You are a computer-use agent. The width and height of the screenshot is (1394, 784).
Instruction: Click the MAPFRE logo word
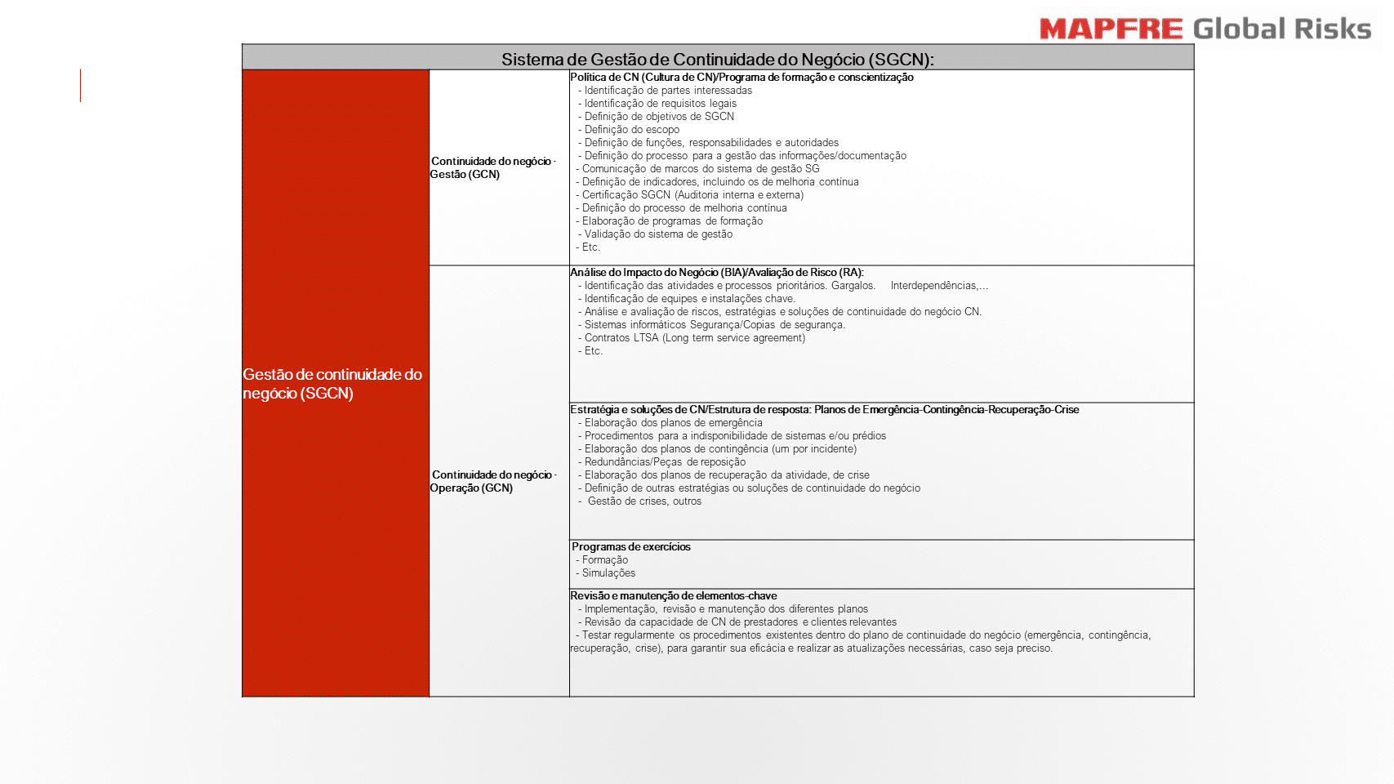coord(1111,29)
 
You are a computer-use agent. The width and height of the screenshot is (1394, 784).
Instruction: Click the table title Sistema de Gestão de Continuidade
coord(717,59)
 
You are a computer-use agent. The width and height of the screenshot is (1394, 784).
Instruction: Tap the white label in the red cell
coord(332,384)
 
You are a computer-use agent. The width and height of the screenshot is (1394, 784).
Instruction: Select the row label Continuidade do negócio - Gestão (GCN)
coord(492,167)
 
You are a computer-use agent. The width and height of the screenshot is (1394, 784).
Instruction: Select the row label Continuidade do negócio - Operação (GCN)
coord(492,481)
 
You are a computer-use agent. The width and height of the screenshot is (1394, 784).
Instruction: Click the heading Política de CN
coord(742,78)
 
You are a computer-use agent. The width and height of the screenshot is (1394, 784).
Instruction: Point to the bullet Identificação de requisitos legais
coord(660,104)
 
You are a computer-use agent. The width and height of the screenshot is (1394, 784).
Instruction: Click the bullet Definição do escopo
coord(631,130)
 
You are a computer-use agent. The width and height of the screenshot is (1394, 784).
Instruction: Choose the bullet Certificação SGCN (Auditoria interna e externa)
coord(693,195)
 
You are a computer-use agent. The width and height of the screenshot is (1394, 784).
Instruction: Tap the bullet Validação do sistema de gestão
coord(658,234)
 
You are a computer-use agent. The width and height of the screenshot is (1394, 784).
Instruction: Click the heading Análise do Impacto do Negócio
coord(716,273)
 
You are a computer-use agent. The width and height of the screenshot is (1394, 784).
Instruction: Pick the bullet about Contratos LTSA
coord(694,338)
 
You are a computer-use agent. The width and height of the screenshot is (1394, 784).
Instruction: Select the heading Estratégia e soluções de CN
coord(824,410)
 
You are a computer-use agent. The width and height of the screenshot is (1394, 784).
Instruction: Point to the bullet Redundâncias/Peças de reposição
coord(665,462)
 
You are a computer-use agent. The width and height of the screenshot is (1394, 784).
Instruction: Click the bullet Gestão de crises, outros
coord(644,501)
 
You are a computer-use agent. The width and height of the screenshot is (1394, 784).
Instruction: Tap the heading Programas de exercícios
coord(631,547)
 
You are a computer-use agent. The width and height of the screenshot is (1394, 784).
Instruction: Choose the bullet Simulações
coord(608,573)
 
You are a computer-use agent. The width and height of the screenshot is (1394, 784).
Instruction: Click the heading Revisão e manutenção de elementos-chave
coord(674,596)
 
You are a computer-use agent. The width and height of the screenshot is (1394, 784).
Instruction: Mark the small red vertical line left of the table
coord(80,86)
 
